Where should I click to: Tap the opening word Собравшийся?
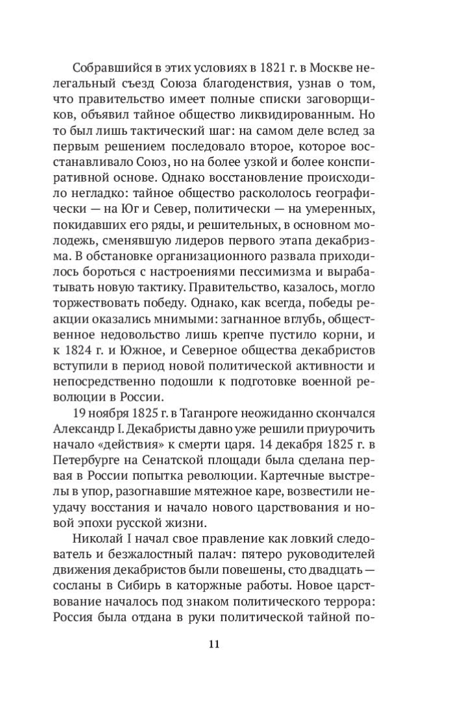pos(106,68)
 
